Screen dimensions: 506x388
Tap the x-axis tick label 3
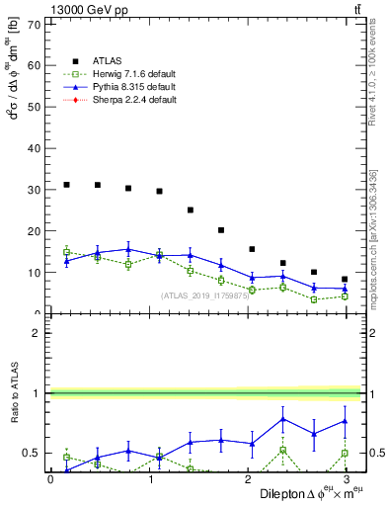point(347,479)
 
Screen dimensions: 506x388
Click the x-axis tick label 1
point(149,479)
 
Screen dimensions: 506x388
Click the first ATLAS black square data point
point(66,185)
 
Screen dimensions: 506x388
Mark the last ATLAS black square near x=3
point(344,280)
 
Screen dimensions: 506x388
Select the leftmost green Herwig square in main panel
point(66,252)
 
